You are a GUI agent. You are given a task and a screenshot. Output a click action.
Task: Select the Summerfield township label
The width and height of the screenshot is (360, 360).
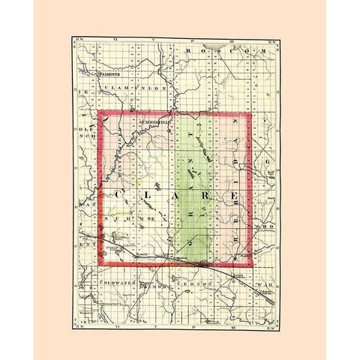(x=151, y=121)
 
